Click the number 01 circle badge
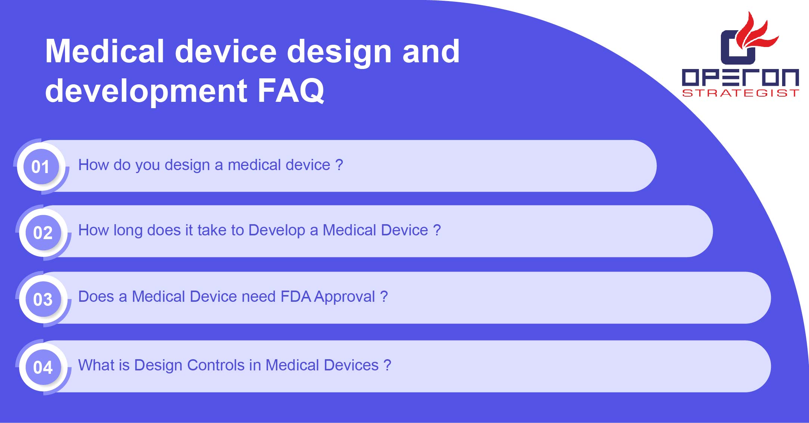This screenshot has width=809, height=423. click(x=41, y=166)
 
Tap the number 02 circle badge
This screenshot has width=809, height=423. click(x=43, y=232)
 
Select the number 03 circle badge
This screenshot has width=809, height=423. click(x=43, y=299)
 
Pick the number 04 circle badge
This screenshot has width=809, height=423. click(x=43, y=367)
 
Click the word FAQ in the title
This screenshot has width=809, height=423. click(x=291, y=91)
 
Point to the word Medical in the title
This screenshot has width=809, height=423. click(x=105, y=51)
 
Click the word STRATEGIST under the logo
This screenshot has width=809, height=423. click(x=741, y=93)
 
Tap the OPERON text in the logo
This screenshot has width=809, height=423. click(x=741, y=77)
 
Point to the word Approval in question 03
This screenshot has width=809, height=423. click(x=344, y=297)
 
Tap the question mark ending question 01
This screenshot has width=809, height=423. click(x=339, y=164)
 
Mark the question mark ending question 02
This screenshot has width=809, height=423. click(x=437, y=230)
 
